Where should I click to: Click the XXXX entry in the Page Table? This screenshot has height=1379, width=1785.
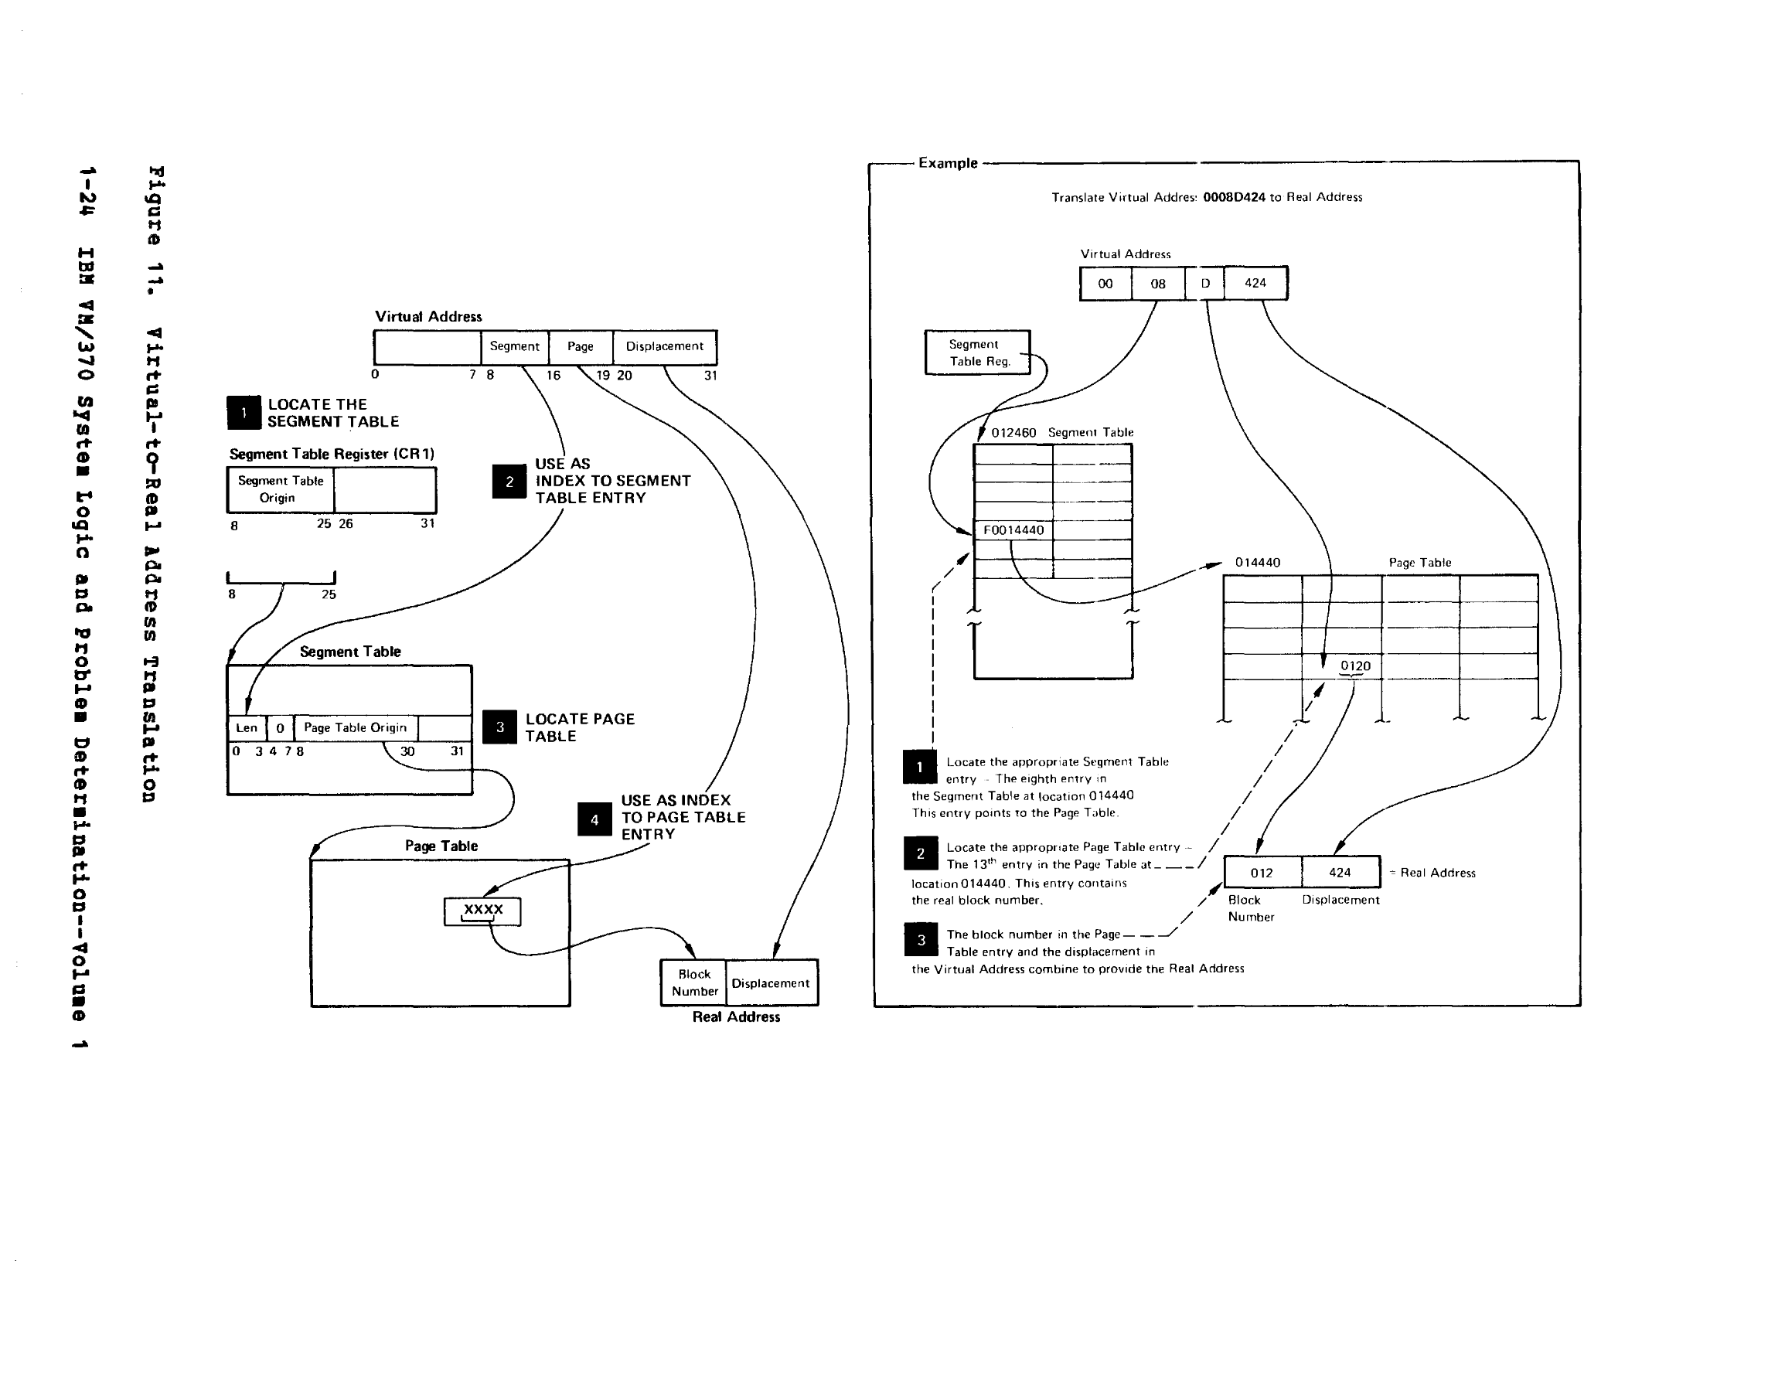(482, 911)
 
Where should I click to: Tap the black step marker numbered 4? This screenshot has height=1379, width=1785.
(594, 819)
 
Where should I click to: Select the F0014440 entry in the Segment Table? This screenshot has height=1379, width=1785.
(1013, 529)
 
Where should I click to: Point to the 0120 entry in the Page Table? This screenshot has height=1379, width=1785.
(1354, 666)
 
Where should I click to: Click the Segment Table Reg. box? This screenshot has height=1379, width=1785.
(977, 353)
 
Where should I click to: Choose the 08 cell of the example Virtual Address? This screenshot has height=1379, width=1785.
(1157, 284)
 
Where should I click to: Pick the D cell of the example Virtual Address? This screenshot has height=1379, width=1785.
(1204, 284)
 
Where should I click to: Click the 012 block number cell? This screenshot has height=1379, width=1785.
(1261, 873)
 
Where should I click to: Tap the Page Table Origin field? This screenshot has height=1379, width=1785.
(355, 727)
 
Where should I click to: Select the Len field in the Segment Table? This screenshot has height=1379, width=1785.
(246, 727)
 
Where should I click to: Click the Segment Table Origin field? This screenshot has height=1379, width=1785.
(281, 489)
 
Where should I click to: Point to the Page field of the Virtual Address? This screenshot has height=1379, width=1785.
(581, 346)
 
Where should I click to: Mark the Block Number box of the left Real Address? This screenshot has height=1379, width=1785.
(694, 982)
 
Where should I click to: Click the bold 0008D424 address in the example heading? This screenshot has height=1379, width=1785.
(1233, 197)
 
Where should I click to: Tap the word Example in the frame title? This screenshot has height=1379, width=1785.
(947, 162)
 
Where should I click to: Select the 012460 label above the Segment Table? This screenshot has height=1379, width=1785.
(1013, 432)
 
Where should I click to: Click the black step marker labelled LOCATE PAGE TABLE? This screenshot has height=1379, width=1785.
(499, 727)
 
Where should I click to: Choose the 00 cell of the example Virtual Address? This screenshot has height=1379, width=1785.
(1105, 284)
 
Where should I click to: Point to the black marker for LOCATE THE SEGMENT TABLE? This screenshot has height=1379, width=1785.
(244, 413)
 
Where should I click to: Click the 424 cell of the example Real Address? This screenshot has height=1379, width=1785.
(1340, 873)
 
